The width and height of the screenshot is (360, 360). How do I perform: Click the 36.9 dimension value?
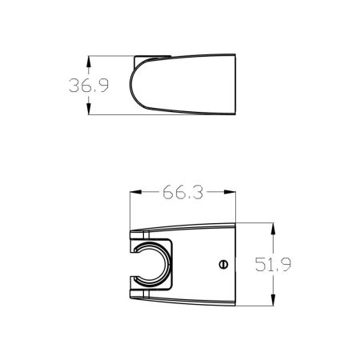click(88, 86)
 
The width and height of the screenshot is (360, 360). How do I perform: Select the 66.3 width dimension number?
click(181, 193)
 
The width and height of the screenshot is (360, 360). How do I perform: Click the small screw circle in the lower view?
click(223, 264)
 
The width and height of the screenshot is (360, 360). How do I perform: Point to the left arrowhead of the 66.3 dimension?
click(134, 193)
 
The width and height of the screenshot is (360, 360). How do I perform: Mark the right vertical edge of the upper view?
click(236, 85)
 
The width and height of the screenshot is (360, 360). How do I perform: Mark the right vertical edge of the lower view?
click(236, 264)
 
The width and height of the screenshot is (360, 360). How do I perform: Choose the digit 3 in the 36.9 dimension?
click(75, 86)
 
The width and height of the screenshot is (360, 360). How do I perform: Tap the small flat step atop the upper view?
click(152, 55)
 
